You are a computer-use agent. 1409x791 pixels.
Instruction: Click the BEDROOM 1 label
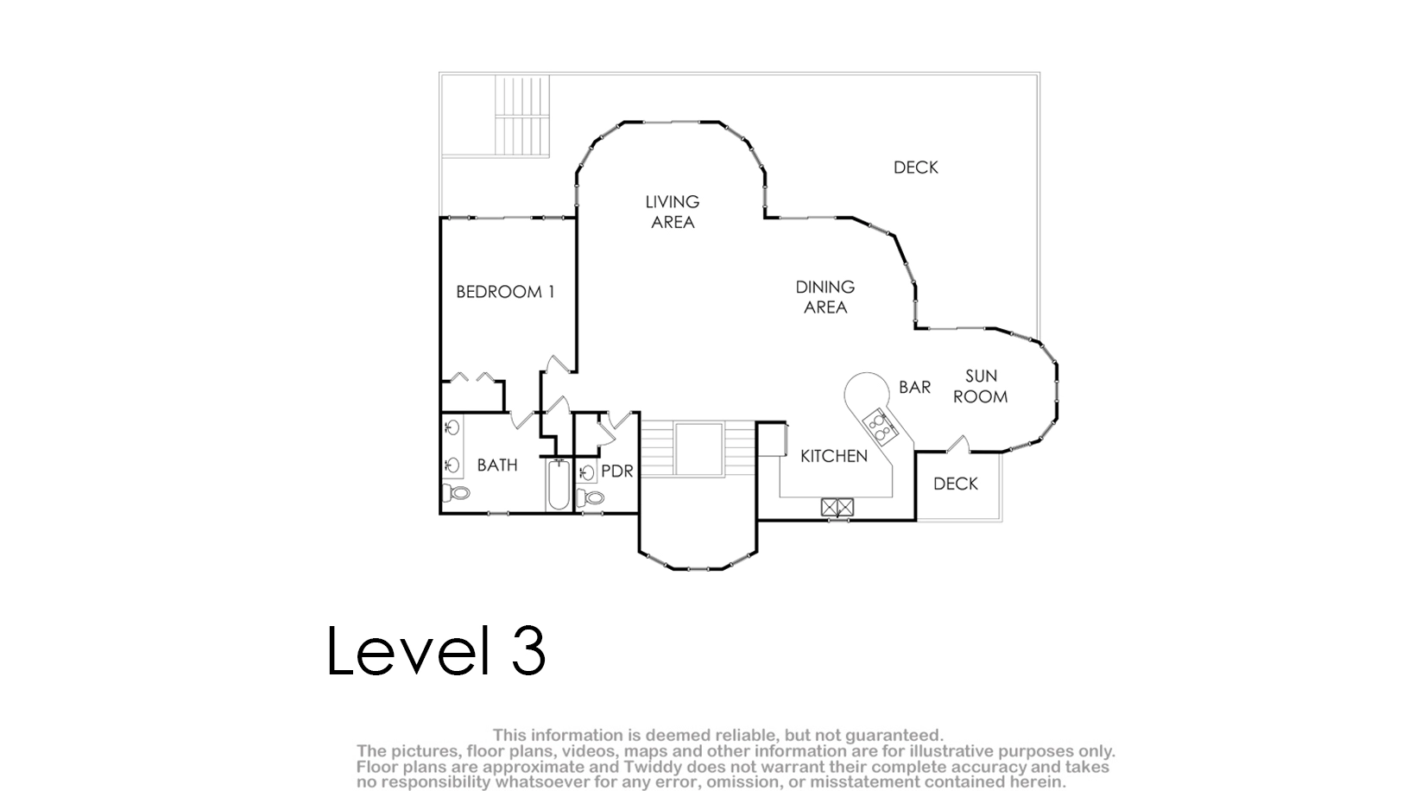(x=505, y=292)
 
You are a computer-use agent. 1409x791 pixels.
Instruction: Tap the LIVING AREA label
(x=673, y=212)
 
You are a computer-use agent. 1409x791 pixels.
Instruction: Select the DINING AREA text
(x=825, y=297)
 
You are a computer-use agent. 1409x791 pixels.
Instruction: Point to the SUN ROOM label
(x=981, y=386)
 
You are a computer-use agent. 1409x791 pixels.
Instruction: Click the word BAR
(x=914, y=388)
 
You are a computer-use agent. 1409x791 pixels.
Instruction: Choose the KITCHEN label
(x=834, y=456)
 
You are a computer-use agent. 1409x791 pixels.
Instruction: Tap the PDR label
(x=617, y=471)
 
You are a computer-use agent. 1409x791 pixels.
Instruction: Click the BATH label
(x=497, y=465)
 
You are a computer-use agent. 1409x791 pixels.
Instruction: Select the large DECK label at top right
(x=916, y=168)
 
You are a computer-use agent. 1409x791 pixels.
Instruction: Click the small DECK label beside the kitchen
(x=956, y=484)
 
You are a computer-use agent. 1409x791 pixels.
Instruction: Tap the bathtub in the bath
(x=559, y=484)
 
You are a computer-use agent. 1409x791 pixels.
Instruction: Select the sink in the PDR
(x=586, y=472)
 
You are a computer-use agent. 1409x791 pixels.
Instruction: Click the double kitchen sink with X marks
(x=837, y=507)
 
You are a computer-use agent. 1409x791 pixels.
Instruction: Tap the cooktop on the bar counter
(x=879, y=426)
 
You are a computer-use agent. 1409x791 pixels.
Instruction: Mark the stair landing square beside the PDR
(x=698, y=449)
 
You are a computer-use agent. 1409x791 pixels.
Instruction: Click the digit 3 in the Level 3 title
(x=529, y=650)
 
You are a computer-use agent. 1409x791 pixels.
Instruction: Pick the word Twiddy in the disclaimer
(x=655, y=767)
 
